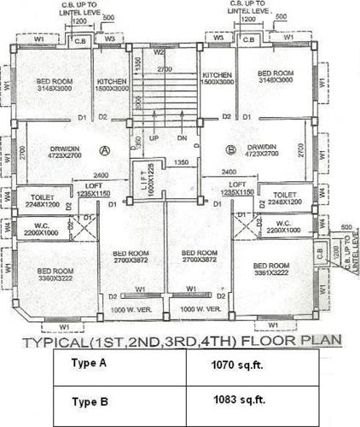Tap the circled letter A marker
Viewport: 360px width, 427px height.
click(105, 150)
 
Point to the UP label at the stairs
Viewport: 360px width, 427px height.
click(155, 137)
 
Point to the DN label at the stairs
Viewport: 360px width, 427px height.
click(181, 137)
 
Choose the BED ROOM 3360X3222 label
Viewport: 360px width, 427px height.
click(54, 273)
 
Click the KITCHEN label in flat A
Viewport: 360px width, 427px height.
click(112, 79)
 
